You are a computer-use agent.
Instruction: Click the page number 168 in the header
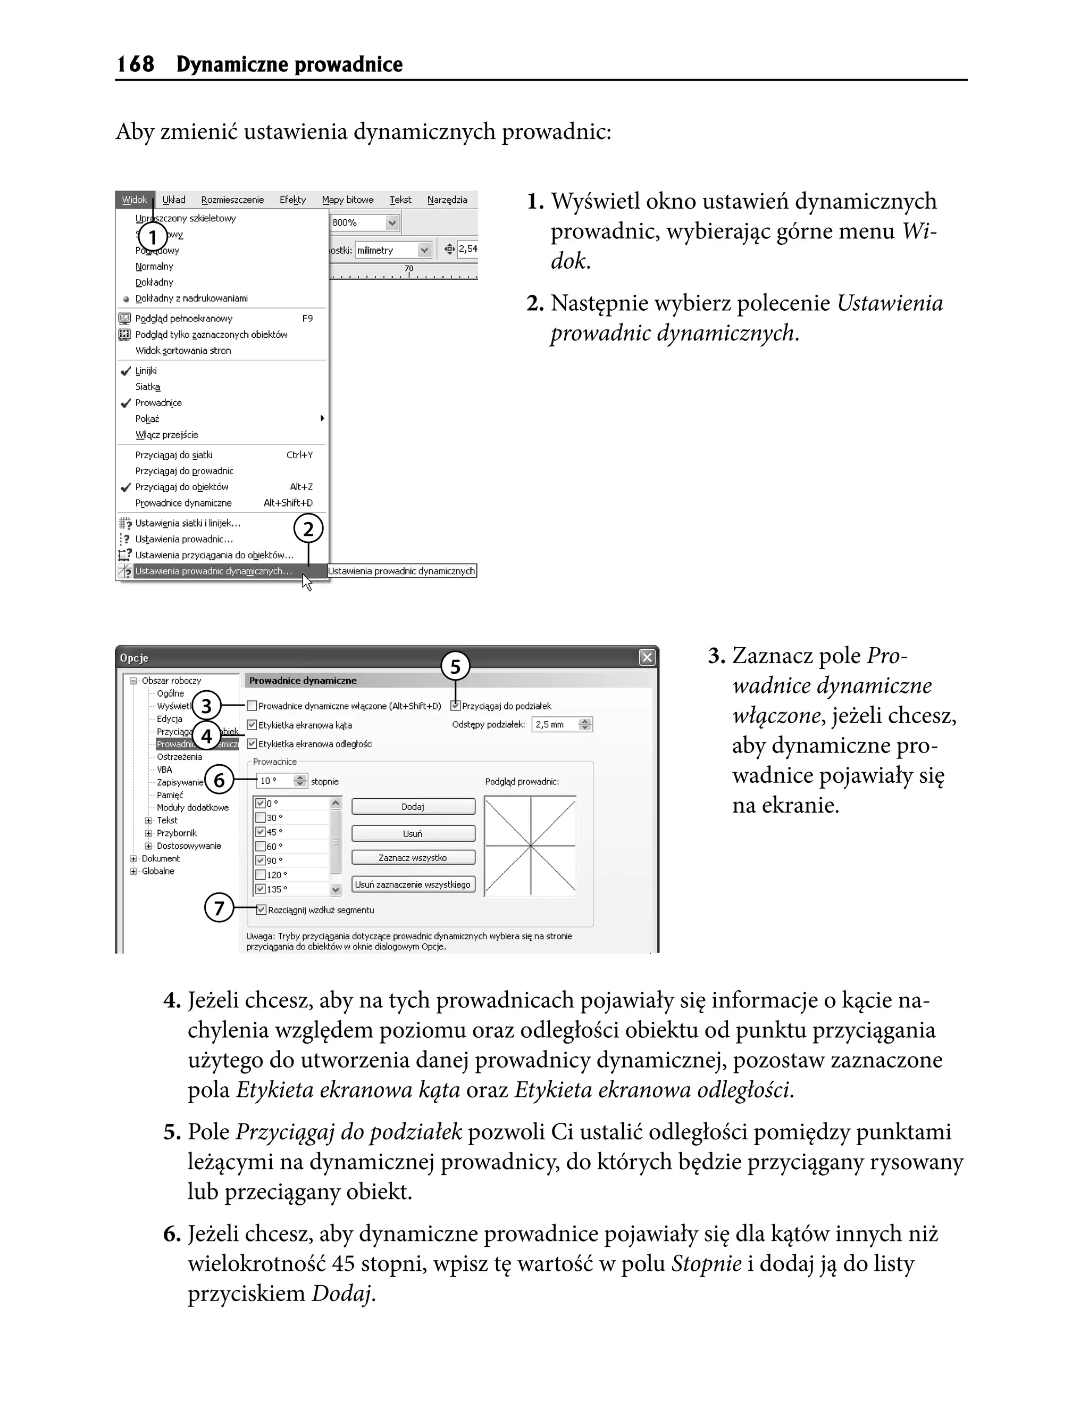136,64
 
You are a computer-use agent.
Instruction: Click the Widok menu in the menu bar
134,200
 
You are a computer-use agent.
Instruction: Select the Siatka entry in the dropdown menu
148,386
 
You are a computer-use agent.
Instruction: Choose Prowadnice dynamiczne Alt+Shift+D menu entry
183,503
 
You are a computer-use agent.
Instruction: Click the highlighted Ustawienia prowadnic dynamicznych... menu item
213,572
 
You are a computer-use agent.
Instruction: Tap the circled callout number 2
308,530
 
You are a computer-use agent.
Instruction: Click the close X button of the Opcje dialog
647,658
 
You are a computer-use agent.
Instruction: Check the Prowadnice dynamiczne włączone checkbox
252,706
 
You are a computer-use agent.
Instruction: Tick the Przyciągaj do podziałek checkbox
456,706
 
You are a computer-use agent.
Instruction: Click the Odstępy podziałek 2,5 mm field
556,724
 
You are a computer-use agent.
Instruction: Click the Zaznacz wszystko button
413,857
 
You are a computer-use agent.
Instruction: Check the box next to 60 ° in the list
261,847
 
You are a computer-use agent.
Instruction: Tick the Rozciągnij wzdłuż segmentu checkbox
261,910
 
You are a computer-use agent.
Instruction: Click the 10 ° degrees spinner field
275,781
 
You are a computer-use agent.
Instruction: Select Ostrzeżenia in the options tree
179,757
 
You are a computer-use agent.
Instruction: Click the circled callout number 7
219,907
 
